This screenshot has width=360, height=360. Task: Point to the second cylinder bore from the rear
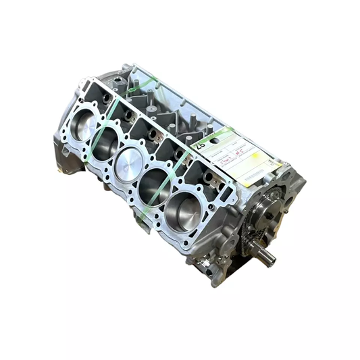[x=105, y=143]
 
